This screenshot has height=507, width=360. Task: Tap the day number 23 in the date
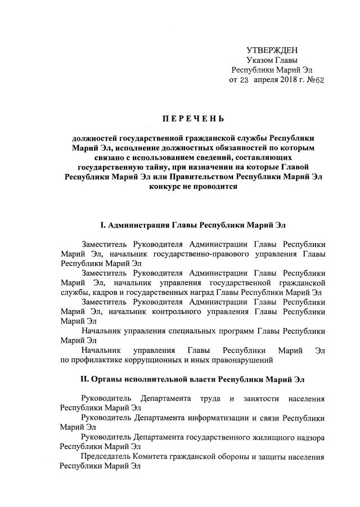244,80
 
